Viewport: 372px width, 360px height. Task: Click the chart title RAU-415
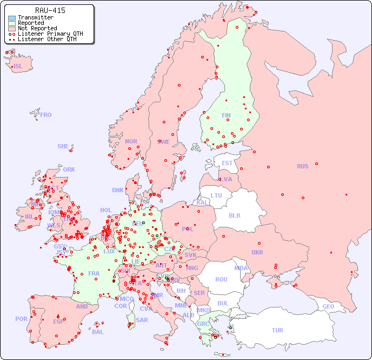coord(50,10)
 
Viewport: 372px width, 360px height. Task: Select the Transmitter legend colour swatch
coord(12,18)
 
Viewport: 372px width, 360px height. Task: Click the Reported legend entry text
coord(31,23)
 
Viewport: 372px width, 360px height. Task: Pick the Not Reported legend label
coord(37,29)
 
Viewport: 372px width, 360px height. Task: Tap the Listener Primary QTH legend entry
coord(50,34)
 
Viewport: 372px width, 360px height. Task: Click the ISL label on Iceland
coord(18,67)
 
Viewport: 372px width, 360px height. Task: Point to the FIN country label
coord(226,115)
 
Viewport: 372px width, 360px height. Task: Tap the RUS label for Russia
coord(302,166)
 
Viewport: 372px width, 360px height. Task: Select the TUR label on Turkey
coord(277,330)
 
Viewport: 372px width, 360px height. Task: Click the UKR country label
coord(257,252)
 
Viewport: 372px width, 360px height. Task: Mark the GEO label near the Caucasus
coord(328,306)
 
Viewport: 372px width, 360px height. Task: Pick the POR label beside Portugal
coord(21,319)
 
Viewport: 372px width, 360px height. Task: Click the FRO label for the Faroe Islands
coord(46,115)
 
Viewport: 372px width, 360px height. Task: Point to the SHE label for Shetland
coord(63,146)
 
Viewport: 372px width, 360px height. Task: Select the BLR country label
coord(234,215)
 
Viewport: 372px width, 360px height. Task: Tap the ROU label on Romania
coord(221,279)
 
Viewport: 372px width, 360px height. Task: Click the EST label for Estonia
coord(227,163)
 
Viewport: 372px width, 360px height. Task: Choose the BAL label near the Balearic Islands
coord(98,332)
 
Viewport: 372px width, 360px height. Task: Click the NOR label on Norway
coord(131,141)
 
